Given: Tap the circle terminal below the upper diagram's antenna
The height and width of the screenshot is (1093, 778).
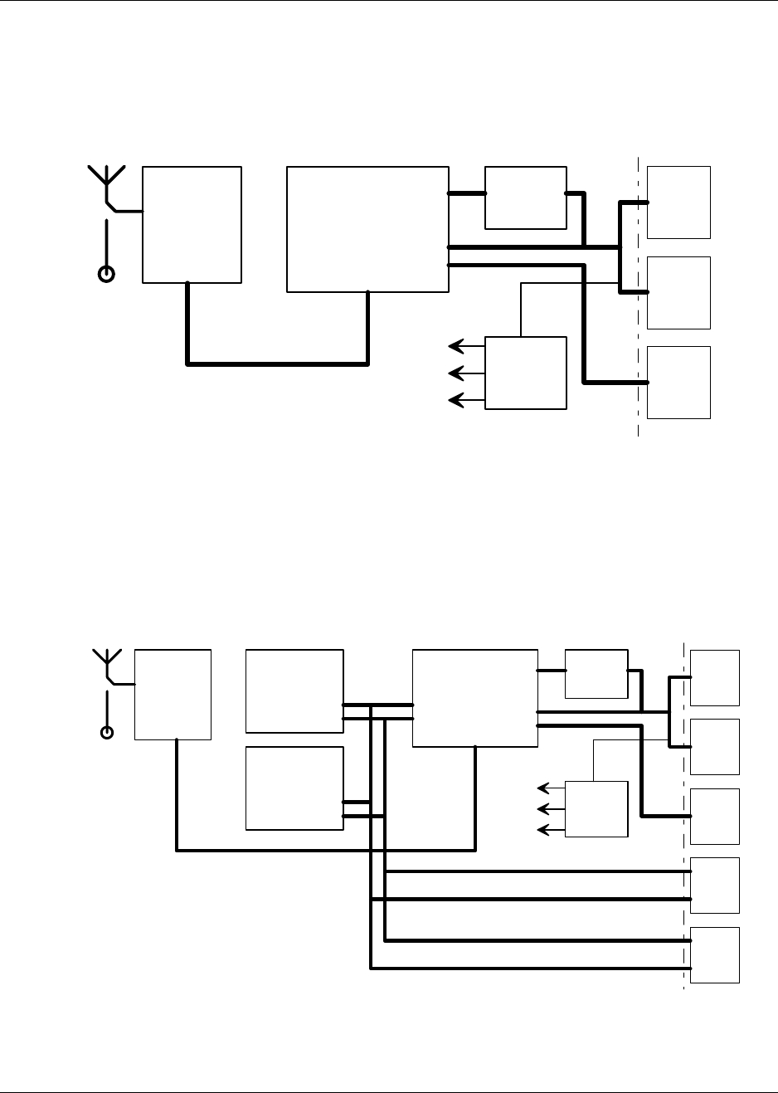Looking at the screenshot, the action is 106,274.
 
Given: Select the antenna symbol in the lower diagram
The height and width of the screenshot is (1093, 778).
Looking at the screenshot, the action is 106,663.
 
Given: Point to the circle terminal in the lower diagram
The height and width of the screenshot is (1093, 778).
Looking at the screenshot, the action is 106,732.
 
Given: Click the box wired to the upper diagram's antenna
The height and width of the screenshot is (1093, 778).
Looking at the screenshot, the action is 192,224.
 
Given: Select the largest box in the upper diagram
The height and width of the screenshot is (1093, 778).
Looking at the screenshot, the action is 367,229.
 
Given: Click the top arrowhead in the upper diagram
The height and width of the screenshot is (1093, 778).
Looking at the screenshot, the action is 455,346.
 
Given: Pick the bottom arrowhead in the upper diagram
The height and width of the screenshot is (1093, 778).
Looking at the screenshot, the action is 455,401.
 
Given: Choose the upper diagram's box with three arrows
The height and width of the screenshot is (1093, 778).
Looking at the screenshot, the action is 525,373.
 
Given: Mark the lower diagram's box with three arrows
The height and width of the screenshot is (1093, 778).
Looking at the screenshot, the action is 596,809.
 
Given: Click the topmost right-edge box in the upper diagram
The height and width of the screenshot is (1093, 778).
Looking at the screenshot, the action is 678,202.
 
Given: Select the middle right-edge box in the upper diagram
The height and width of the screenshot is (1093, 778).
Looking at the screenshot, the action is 678,293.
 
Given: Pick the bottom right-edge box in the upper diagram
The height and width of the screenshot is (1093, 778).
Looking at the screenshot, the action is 678,383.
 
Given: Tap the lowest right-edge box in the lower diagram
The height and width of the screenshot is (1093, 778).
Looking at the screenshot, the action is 715,955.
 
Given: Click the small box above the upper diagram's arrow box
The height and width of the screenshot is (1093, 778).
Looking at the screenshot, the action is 525,198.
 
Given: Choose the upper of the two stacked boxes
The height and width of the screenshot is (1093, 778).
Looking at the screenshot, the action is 294,691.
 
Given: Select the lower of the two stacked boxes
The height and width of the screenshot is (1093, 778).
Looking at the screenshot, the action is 294,788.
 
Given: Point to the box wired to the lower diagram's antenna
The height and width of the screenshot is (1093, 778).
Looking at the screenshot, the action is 173,695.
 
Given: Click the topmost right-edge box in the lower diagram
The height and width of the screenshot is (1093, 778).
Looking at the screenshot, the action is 715,678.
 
